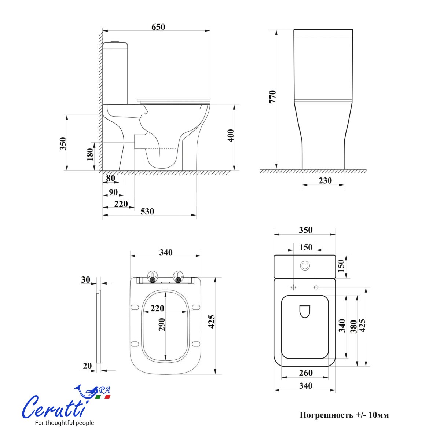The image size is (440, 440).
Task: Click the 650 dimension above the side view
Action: [x=158, y=27]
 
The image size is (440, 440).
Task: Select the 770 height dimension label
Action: [x=273, y=96]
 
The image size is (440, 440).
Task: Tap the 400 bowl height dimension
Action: [x=231, y=136]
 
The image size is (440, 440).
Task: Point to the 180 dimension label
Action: [x=90, y=154]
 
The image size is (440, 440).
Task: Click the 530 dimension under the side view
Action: [x=147, y=212]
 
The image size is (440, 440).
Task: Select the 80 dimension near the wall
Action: [x=111, y=178]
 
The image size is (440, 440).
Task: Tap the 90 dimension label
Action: [x=113, y=192]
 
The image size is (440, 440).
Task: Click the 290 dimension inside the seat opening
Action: [x=162, y=324]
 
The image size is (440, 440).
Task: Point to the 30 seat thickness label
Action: [x=85, y=280]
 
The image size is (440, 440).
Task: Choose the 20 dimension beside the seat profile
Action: [x=87, y=366]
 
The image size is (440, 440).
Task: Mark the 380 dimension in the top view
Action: [x=353, y=326]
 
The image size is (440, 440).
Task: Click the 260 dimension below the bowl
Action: [x=305, y=373]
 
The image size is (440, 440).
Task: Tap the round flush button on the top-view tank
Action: [x=305, y=266]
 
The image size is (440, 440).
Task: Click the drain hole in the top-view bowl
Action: [x=305, y=311]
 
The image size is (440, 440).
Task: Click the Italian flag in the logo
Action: [x=103, y=397]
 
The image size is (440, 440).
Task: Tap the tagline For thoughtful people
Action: [x=64, y=423]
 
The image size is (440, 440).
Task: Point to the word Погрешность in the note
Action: [x=326, y=415]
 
